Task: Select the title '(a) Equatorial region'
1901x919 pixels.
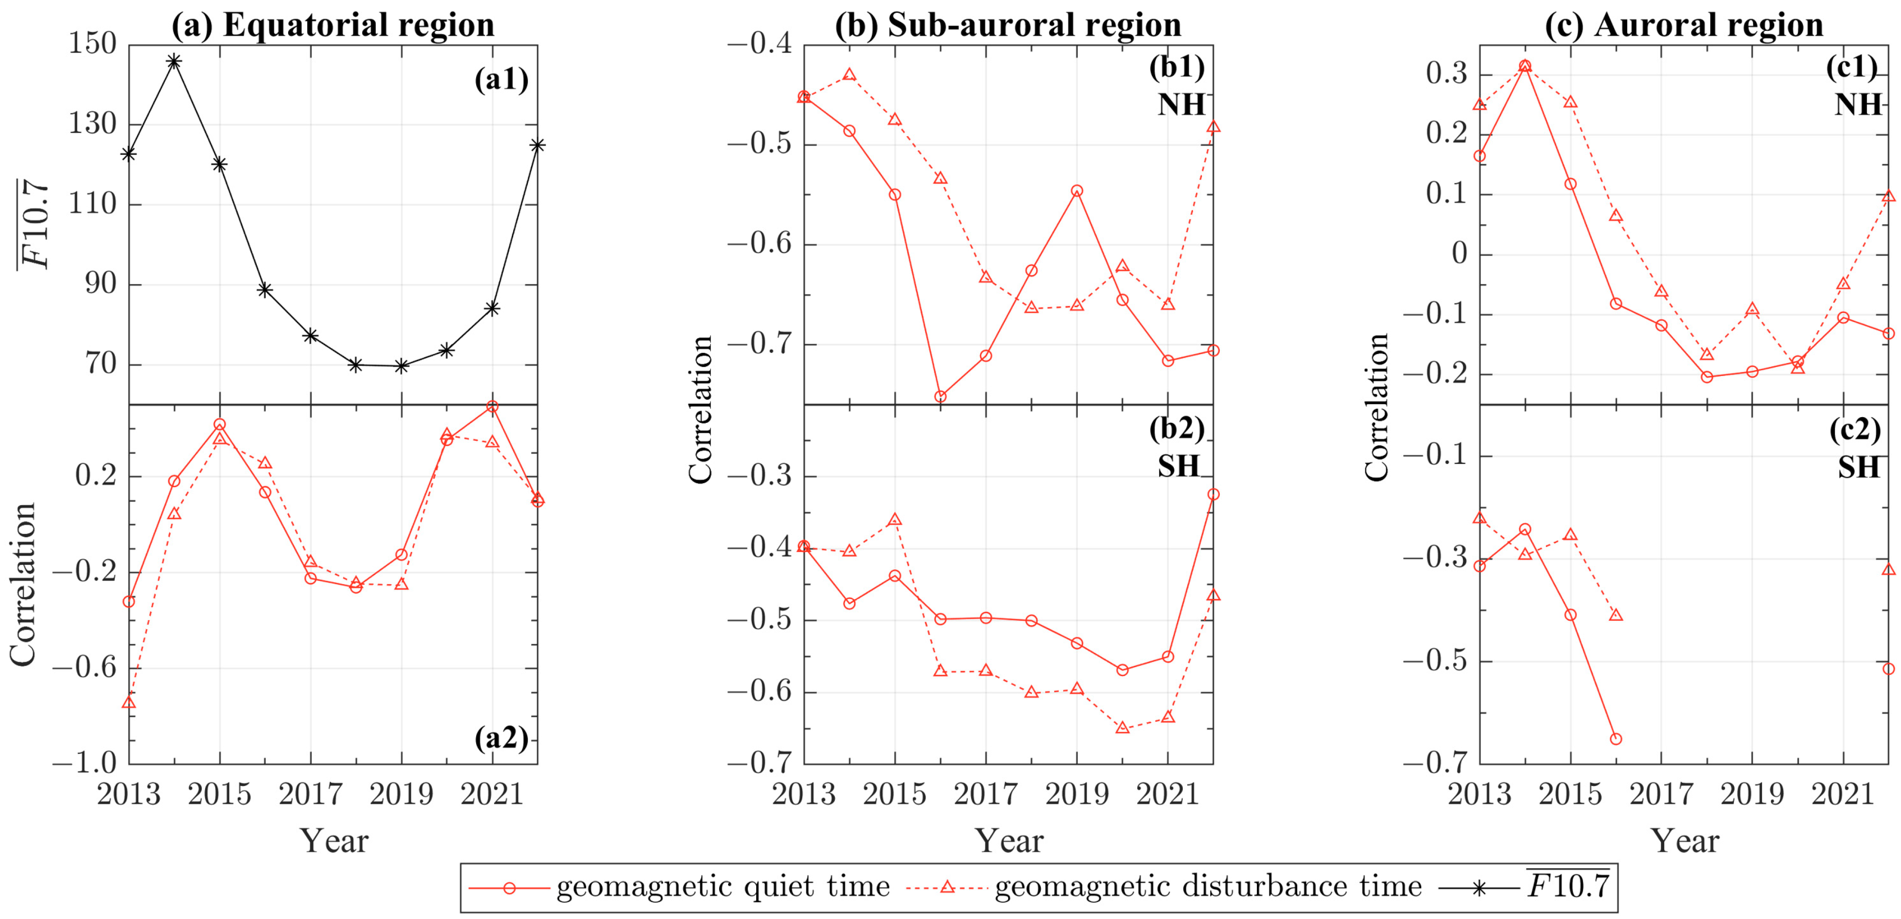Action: point(333,25)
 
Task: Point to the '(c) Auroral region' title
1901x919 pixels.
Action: point(1684,25)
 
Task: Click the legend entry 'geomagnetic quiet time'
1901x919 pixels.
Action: point(722,886)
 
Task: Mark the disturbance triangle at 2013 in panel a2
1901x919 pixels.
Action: point(129,702)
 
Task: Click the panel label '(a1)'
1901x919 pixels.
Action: point(502,79)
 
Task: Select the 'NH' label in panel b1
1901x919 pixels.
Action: point(1181,105)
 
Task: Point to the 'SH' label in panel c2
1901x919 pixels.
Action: point(1858,468)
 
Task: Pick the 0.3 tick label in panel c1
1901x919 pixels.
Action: point(1446,75)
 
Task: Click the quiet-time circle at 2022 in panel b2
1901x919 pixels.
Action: point(1213,494)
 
